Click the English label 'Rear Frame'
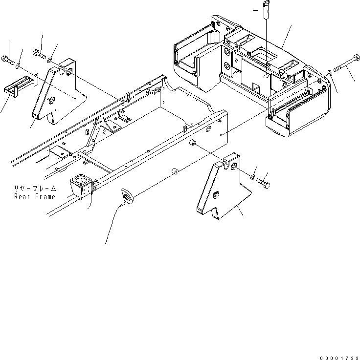35,197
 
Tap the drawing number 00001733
337,357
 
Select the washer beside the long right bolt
331,73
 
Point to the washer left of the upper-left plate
18,65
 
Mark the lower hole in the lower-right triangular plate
216,196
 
